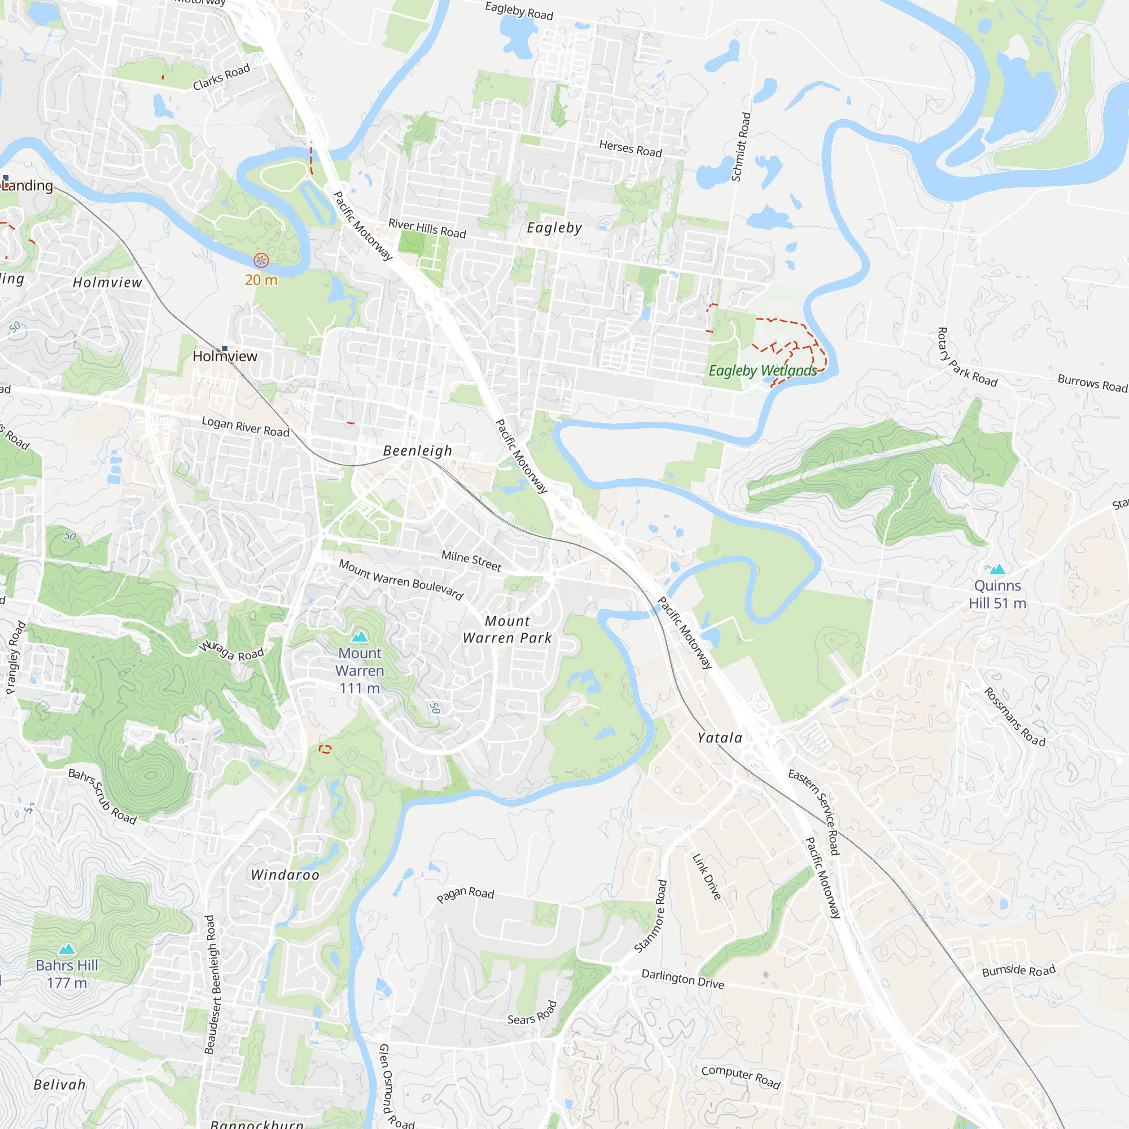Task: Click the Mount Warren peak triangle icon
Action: (360, 636)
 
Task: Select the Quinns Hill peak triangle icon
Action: (997, 568)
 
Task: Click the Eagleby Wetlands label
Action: (763, 370)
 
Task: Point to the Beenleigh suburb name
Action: (418, 450)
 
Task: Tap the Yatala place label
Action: (720, 738)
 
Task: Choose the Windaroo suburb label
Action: (285, 875)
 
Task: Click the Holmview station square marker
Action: (225, 348)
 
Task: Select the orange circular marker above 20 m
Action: (261, 260)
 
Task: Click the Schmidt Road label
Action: (741, 147)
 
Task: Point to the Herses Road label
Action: (631, 148)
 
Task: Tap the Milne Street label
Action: (471, 561)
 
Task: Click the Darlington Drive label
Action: (682, 979)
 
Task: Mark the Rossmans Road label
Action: (1014, 717)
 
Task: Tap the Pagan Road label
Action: (465, 894)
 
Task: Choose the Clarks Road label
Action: (221, 77)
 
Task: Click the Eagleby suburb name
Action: (554, 228)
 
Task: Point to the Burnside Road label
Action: (1018, 970)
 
